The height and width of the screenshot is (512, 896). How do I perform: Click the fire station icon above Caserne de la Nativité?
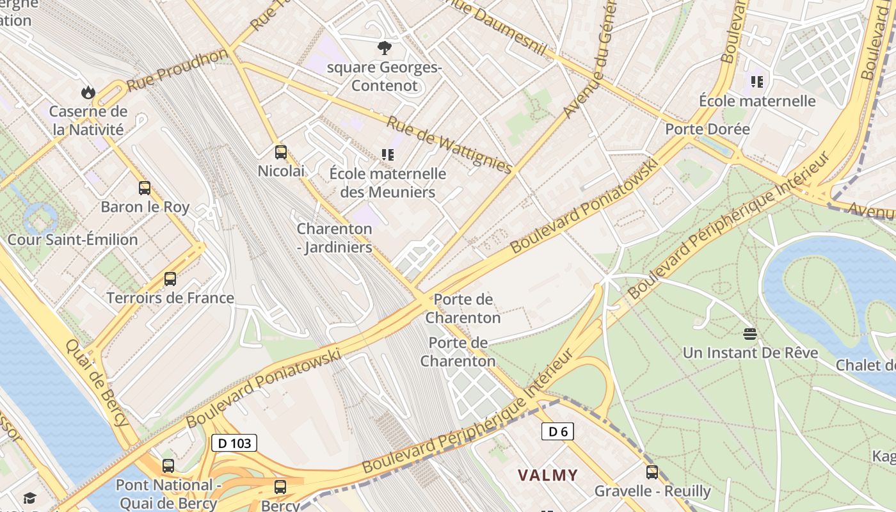coord(88,93)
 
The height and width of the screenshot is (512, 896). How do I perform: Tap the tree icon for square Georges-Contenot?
coord(385,48)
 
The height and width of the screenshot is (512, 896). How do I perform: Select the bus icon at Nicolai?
coord(281,152)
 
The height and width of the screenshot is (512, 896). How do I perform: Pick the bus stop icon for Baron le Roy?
coord(145,188)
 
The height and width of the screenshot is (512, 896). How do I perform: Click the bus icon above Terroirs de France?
coord(170,279)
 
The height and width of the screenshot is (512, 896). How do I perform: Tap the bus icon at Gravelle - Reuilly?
coord(652,472)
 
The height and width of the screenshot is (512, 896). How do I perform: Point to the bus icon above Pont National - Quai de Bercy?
coord(168,466)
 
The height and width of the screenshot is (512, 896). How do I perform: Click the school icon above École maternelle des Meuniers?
coord(387,154)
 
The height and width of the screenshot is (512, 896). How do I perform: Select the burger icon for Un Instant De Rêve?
coord(750,333)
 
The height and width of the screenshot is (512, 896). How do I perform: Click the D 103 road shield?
coord(234,443)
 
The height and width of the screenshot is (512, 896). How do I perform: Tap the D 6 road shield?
coord(557,431)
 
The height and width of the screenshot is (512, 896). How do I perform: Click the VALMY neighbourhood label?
coord(548,475)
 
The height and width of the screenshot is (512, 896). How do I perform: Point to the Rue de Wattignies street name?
coord(449,144)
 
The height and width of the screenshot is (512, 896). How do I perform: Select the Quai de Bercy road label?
coord(97,382)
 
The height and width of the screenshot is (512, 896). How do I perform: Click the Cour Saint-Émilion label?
coord(72,240)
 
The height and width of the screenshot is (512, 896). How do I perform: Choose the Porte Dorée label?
coord(707,129)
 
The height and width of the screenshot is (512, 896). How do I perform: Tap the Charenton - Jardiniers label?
coord(334,238)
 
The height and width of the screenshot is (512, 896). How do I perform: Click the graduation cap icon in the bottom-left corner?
coord(29,498)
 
